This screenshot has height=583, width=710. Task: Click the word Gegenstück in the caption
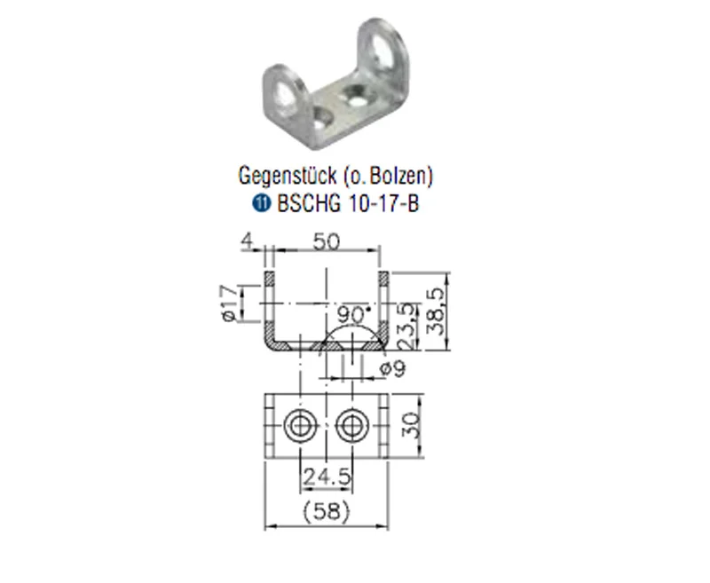[x=288, y=175]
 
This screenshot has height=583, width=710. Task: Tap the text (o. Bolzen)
[x=389, y=175]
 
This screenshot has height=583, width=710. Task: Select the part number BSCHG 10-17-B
[x=348, y=203]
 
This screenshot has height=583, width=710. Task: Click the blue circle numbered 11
[x=261, y=203]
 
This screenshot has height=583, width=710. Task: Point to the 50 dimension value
[x=326, y=242]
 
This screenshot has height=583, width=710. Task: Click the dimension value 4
[x=248, y=240]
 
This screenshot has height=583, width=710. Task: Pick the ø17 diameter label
[x=229, y=303]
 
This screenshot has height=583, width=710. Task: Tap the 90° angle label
[x=354, y=313]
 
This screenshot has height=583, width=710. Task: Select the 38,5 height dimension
[x=436, y=311]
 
